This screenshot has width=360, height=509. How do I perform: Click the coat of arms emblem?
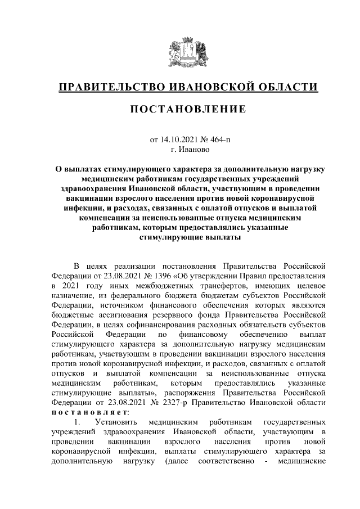coord(188,49)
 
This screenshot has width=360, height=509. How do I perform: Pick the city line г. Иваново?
coord(188,150)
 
